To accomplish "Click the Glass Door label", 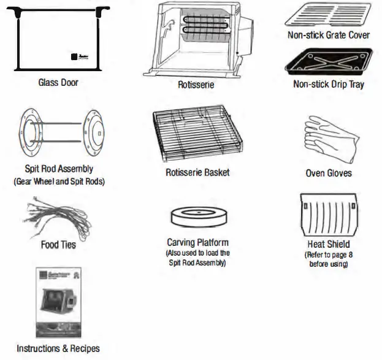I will coord(58,83).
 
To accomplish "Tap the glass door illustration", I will coord(58,37).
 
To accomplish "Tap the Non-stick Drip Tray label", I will coord(329,84).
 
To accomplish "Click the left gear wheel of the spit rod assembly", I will coord(27,132).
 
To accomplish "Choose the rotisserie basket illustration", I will coord(197,134).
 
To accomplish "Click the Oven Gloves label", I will coord(329,173).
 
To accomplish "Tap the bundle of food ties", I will coord(57,218).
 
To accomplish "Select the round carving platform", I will coord(197,217).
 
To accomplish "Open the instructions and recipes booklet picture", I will coord(58,303).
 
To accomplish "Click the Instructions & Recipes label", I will coord(58,348).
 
